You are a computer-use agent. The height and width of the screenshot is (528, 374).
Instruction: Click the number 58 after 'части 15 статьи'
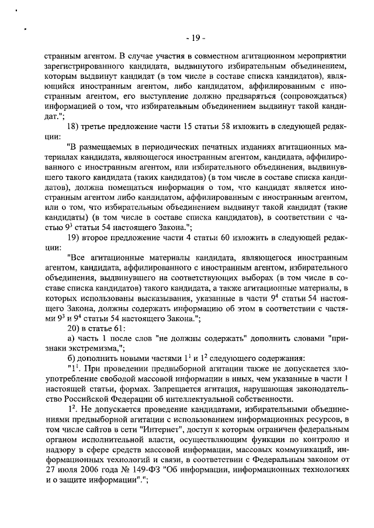[217, 128]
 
